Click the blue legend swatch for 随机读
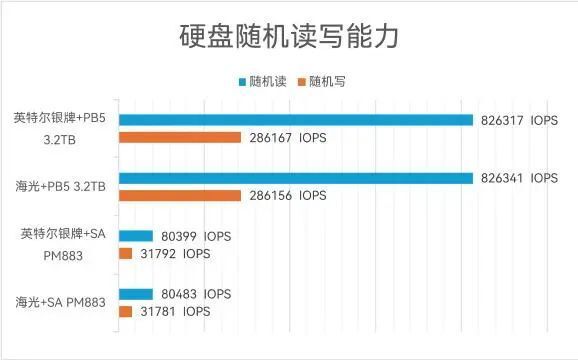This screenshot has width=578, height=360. [x=242, y=81]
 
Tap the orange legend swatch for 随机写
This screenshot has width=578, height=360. [x=302, y=81]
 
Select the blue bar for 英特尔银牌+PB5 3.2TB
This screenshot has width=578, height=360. [x=295, y=120]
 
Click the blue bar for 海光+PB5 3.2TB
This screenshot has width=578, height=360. [x=295, y=178]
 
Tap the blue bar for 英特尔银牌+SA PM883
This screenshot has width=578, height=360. [x=135, y=237]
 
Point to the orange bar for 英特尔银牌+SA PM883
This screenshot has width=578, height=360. [x=125, y=254]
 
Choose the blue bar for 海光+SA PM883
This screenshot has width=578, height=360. [x=135, y=294]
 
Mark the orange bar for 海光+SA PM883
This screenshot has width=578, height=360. [x=125, y=311]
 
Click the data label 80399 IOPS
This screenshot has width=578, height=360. [x=196, y=237]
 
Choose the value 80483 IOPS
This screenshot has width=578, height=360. [x=196, y=294]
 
